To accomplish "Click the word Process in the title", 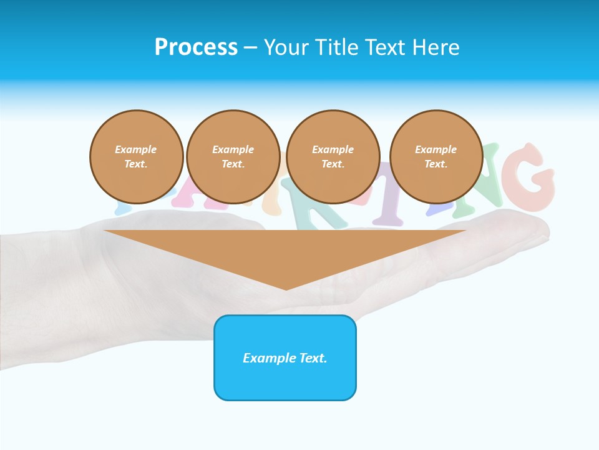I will click(x=196, y=47).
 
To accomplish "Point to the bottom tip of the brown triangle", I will click(x=286, y=289).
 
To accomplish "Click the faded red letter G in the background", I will click(x=530, y=177).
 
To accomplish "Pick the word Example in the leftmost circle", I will click(x=136, y=149).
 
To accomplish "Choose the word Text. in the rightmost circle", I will click(x=436, y=164).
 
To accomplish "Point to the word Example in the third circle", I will click(x=333, y=149).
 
